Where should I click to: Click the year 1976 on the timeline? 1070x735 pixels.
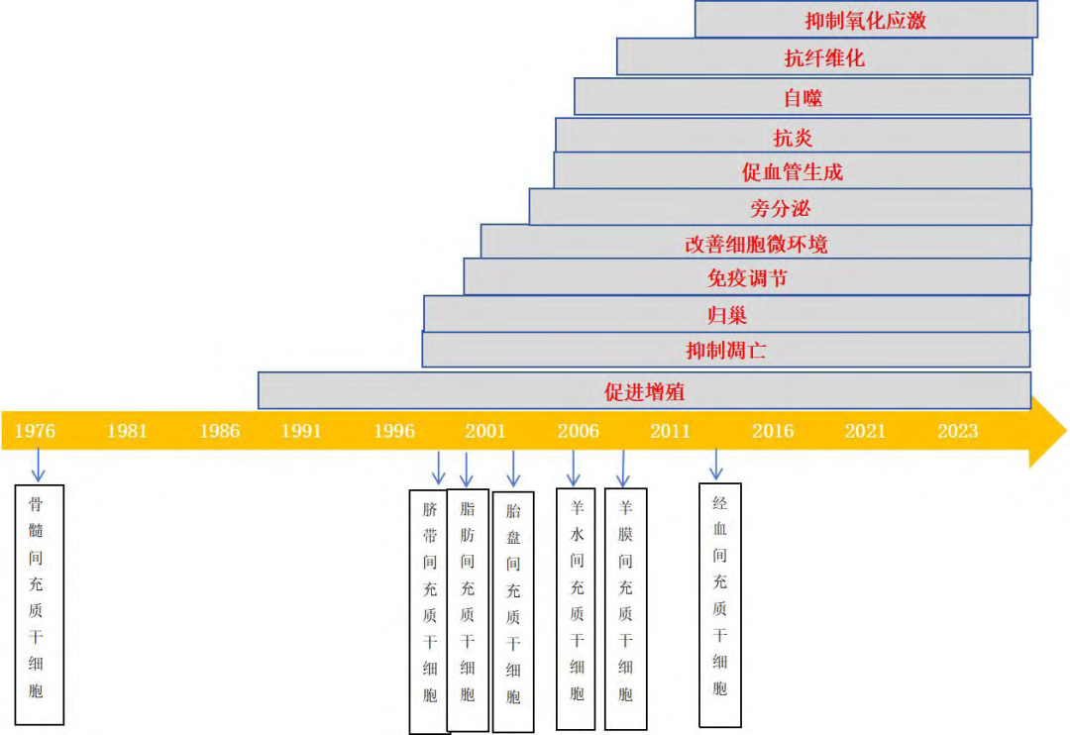tap(35, 431)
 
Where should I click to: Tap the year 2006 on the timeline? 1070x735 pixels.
tap(578, 431)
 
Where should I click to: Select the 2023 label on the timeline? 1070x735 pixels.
tap(958, 431)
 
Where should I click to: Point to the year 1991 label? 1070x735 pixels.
tap(301, 431)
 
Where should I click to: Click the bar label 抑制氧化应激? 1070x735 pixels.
tap(866, 20)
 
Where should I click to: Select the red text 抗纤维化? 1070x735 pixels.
tap(824, 57)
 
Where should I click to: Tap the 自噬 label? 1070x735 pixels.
tap(802, 97)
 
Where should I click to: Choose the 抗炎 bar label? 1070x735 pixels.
tap(793, 136)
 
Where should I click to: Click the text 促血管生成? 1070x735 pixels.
tap(793, 171)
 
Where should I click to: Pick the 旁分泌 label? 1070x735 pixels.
tap(781, 208)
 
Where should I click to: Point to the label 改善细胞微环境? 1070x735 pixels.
tap(756, 244)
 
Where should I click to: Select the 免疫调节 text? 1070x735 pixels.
tap(747, 278)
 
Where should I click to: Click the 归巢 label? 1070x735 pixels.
tap(726, 315)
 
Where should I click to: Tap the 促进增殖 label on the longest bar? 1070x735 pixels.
tap(644, 392)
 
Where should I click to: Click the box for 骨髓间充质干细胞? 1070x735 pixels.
tap(40, 604)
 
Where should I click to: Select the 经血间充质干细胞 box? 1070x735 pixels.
tap(720, 604)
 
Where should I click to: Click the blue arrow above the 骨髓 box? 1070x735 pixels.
tap(39, 465)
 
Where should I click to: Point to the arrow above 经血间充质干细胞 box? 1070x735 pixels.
tap(716, 463)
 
